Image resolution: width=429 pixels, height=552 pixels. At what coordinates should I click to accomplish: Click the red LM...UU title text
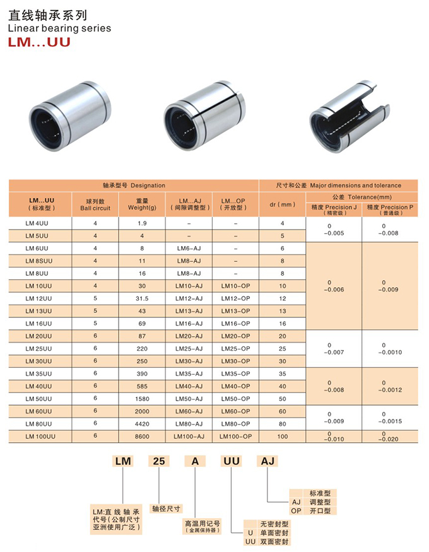[39, 42]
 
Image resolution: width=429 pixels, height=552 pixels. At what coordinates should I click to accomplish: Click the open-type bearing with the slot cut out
[349, 116]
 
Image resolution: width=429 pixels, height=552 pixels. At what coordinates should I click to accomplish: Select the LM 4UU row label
[37, 223]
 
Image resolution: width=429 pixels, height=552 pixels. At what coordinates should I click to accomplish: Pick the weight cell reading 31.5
[142, 298]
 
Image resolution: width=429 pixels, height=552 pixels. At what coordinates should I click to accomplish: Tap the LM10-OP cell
[235, 286]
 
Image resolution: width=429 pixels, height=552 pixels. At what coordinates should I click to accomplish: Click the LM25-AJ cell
[189, 348]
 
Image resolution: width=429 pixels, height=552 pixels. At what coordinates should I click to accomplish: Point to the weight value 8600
[142, 436]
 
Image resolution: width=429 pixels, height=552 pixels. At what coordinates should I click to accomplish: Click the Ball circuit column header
[95, 204]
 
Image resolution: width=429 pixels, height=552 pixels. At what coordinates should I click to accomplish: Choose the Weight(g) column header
[142, 204]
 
